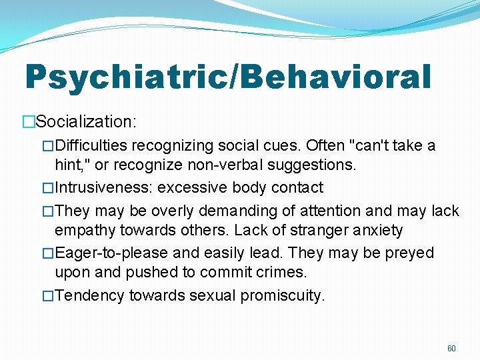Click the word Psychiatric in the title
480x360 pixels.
pyautogui.click(x=126, y=77)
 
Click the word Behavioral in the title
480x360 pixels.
pyautogui.click(x=331, y=77)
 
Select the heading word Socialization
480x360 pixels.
pyautogui.click(x=85, y=121)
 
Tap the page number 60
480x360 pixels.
pyautogui.click(x=451, y=349)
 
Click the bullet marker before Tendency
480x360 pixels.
pyautogui.click(x=48, y=295)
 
